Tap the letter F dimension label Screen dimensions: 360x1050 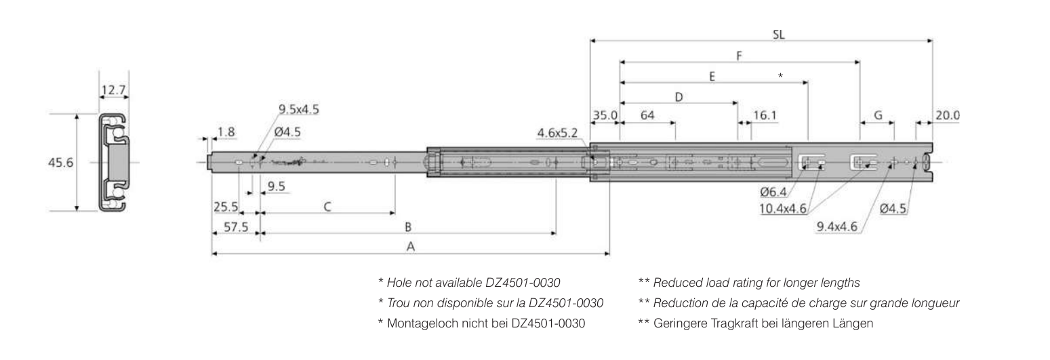point(740,56)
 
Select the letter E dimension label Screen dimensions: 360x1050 point(712,77)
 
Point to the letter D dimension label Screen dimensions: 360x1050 point(678,97)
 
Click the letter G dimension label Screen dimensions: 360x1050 point(877,115)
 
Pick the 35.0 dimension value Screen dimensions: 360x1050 point(605,115)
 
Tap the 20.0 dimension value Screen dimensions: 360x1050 point(947,115)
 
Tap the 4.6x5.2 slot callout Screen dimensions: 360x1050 point(557,134)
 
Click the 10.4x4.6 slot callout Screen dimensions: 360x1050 point(782,209)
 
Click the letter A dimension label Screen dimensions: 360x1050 point(410,247)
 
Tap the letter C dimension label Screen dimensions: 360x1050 point(327,206)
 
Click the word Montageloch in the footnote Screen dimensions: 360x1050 point(416,324)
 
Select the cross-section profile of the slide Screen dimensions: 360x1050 point(115,163)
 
